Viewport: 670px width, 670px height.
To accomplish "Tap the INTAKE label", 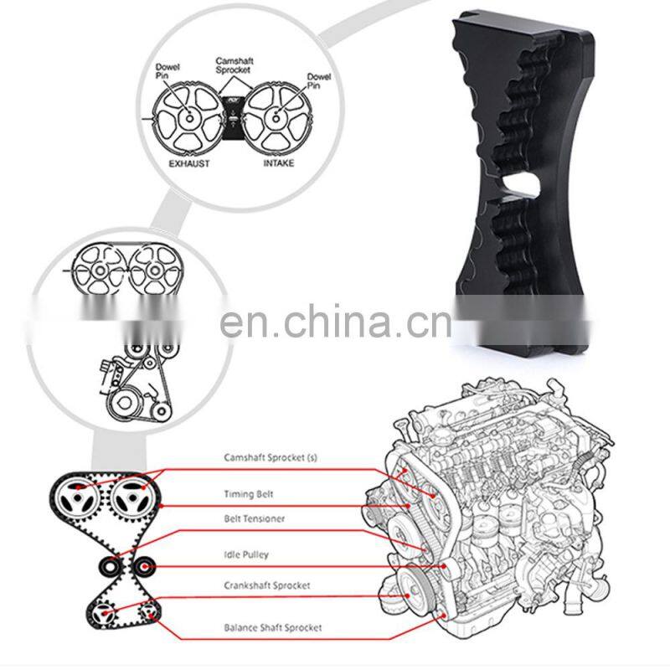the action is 279,162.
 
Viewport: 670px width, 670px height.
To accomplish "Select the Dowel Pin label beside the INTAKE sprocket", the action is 319,81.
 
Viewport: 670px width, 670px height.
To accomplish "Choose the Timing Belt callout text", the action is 249,494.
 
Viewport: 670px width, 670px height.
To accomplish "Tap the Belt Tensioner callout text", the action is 254,519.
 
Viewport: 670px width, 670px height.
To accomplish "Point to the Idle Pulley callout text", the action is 247,554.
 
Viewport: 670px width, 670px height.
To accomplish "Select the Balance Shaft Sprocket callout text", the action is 272,626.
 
